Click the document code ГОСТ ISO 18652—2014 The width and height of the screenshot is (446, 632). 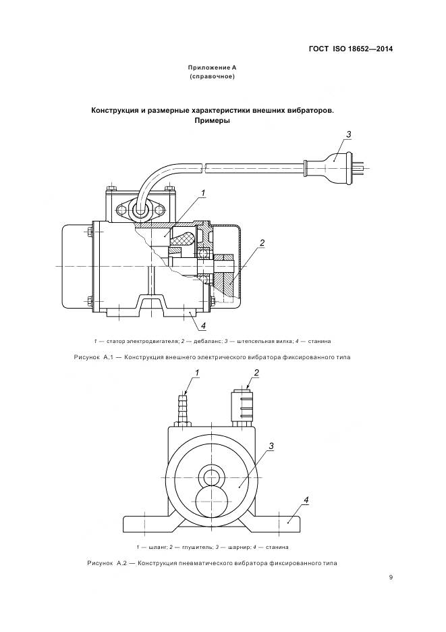[351, 49]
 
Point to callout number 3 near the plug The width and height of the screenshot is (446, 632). [348, 135]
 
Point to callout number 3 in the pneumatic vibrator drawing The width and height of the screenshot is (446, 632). [271, 446]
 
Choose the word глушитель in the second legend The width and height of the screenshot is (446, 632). [190, 546]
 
